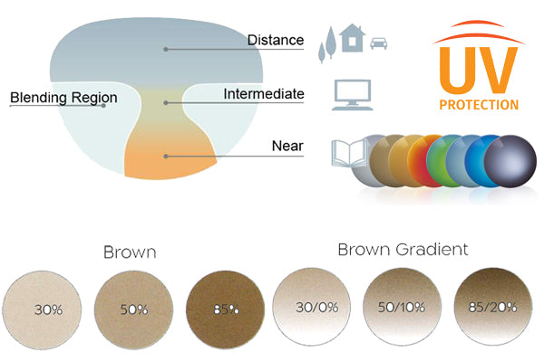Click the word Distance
276,40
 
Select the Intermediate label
263,94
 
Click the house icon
354,42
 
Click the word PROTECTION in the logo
478,104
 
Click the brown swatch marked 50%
133,309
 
